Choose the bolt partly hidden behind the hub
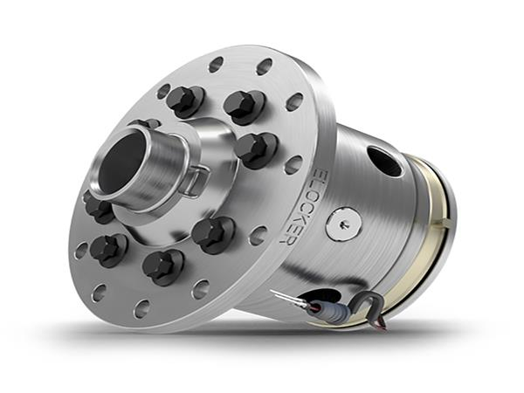tap(144, 125)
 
